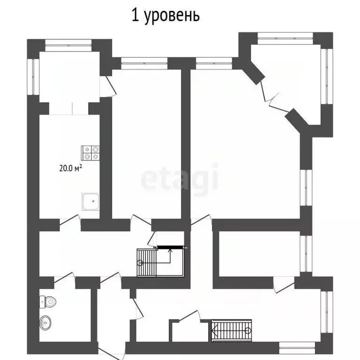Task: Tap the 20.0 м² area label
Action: [x=70, y=169]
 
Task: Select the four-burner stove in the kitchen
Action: [x=91, y=152]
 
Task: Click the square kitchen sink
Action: [x=92, y=202]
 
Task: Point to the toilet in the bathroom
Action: [x=48, y=301]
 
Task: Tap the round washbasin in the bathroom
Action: [x=46, y=322]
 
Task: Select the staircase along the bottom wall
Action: [x=232, y=330]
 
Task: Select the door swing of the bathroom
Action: [x=64, y=278]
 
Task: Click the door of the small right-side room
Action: [x=283, y=284]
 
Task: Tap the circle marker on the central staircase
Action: [x=140, y=263]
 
